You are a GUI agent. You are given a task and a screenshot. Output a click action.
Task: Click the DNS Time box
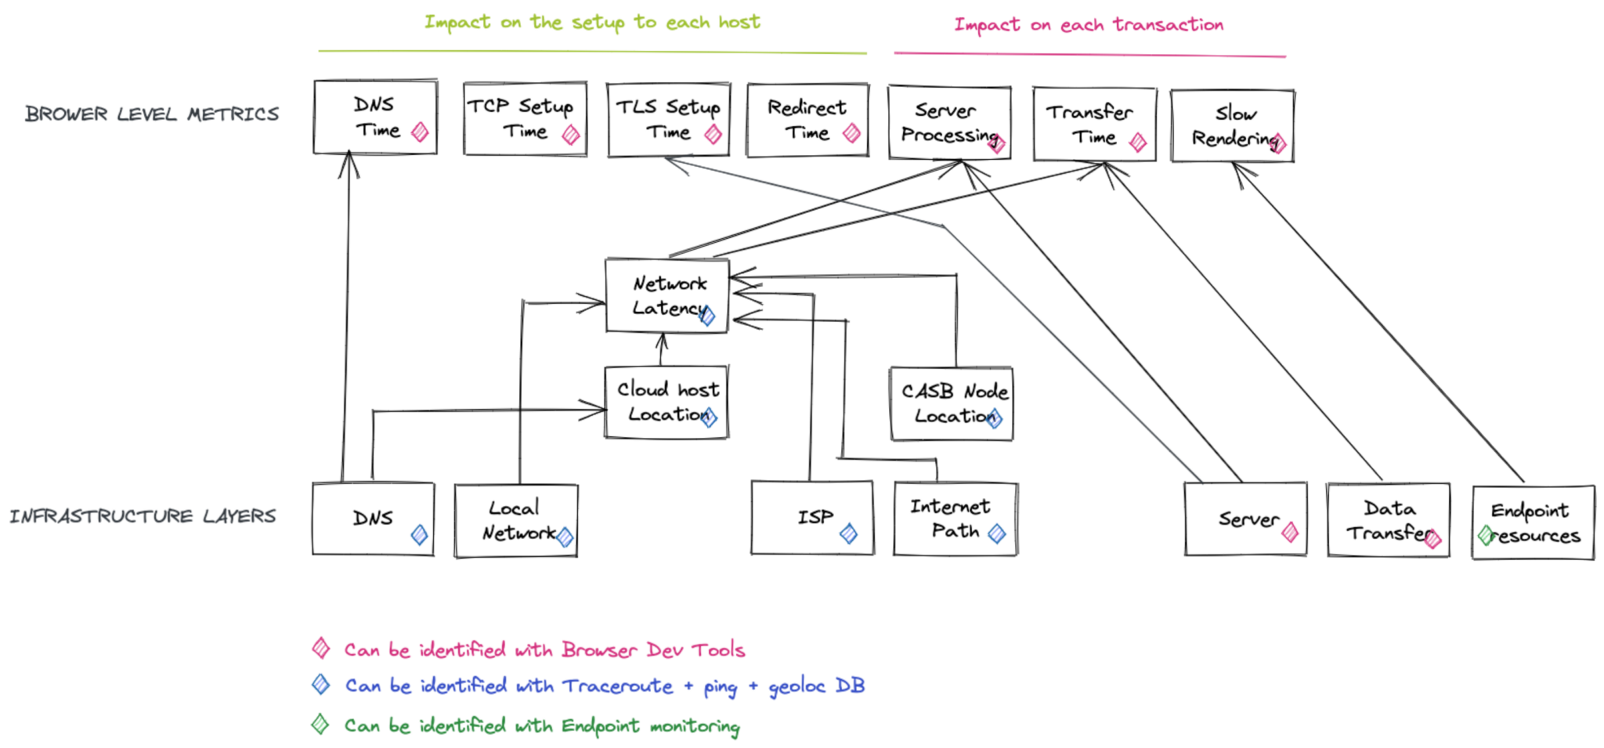375,117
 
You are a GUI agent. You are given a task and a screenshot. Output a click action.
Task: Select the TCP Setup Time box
525,118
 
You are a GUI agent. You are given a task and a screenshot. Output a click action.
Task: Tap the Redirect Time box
807,120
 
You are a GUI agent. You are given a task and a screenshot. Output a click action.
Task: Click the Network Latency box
667,295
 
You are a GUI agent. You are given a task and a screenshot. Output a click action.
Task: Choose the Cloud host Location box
667,402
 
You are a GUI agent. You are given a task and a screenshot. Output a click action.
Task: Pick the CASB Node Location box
951,403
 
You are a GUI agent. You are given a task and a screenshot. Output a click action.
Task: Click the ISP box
812,518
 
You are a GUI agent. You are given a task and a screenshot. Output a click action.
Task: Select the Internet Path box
956,519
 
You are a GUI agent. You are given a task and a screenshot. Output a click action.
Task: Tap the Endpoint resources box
1533,522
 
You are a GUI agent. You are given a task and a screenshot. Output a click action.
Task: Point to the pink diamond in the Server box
1290,533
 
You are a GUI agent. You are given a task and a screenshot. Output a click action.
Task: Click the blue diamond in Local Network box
565,537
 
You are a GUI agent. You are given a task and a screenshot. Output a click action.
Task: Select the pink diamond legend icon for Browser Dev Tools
321,648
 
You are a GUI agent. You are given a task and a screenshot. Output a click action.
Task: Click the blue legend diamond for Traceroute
321,685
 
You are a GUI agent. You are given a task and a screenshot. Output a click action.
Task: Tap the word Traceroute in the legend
617,686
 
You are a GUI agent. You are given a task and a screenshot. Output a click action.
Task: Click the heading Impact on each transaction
1089,25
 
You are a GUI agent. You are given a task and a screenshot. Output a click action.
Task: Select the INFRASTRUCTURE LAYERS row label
143,516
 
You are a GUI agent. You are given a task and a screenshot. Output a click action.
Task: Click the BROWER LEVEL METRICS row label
152,114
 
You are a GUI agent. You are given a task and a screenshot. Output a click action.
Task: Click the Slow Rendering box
1232,125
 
